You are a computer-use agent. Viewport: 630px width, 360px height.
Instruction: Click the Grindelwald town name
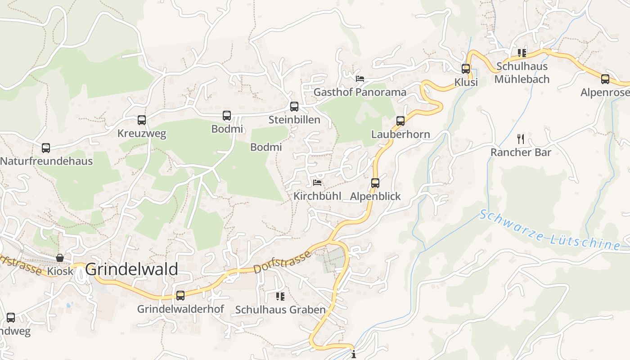[131, 269]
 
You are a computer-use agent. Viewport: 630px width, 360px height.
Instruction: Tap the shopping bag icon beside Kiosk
[59, 258]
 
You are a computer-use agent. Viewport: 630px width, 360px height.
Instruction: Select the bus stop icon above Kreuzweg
[142, 120]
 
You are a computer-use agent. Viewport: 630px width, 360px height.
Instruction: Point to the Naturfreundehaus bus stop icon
[46, 148]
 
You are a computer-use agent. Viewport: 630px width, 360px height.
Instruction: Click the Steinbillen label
[294, 120]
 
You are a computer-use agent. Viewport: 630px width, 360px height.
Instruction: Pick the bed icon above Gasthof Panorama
[360, 79]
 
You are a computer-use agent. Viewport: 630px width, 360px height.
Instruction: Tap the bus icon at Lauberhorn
[400, 121]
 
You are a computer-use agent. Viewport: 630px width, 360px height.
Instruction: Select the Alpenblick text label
[375, 196]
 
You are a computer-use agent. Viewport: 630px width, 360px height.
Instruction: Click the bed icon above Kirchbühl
[317, 183]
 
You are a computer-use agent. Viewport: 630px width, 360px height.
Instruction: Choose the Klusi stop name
[466, 82]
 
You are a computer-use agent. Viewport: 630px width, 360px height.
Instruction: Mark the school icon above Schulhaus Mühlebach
[522, 53]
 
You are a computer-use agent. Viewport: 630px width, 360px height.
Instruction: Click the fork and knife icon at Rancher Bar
[521, 139]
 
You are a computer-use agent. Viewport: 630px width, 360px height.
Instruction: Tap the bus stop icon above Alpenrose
[605, 79]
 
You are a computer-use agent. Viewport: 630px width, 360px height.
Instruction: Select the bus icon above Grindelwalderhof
[180, 296]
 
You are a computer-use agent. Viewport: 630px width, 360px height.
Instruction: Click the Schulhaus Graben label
[280, 310]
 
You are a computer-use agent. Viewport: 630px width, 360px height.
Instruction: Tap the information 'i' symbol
[354, 355]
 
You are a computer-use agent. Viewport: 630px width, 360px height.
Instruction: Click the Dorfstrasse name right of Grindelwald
[283, 262]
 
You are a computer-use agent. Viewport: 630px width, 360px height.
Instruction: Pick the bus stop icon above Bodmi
[227, 116]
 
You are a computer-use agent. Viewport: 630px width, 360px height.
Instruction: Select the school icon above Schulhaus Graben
[280, 297]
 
